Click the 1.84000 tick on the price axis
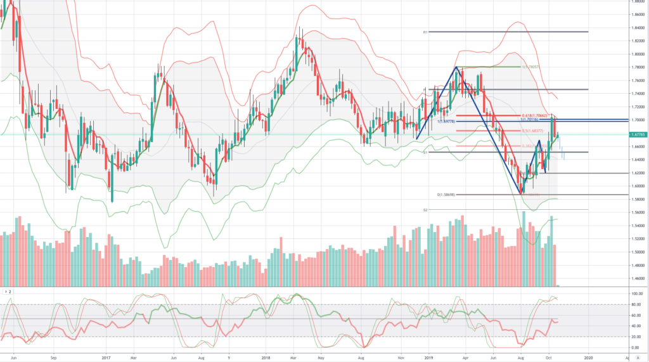(x=634, y=27)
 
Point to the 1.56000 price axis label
(x=634, y=212)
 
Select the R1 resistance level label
(x=425, y=32)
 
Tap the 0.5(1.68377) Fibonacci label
(x=530, y=131)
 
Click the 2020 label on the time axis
(x=588, y=357)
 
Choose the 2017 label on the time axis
(x=106, y=357)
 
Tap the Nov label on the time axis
(x=401, y=357)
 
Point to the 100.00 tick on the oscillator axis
(x=633, y=294)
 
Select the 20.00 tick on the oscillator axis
(x=633, y=337)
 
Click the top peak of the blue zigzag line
(x=456, y=67)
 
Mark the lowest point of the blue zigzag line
(x=522, y=193)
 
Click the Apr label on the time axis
(x=464, y=357)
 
